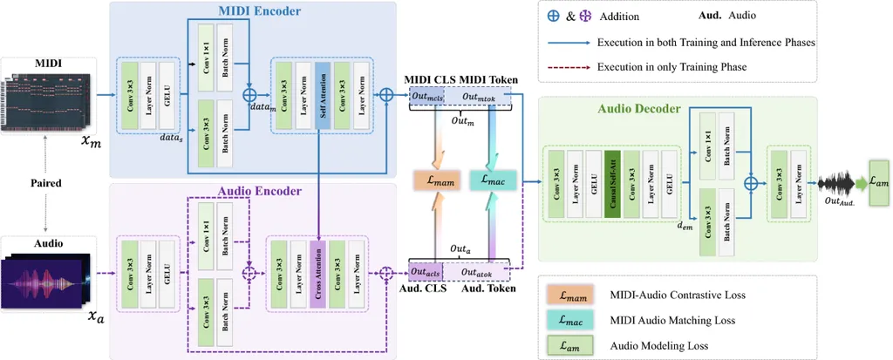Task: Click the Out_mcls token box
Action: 428,98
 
